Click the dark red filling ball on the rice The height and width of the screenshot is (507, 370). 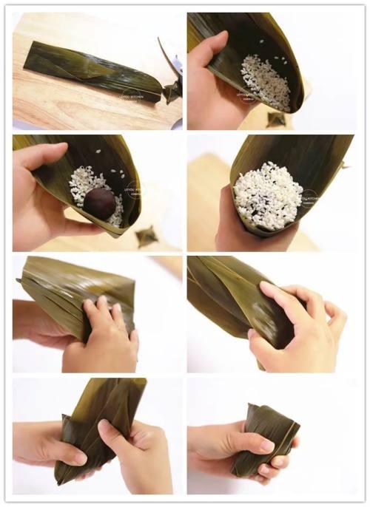(x=99, y=202)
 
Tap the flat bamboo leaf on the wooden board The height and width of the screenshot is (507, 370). (x=89, y=71)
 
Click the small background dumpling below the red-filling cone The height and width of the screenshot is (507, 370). (x=147, y=237)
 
